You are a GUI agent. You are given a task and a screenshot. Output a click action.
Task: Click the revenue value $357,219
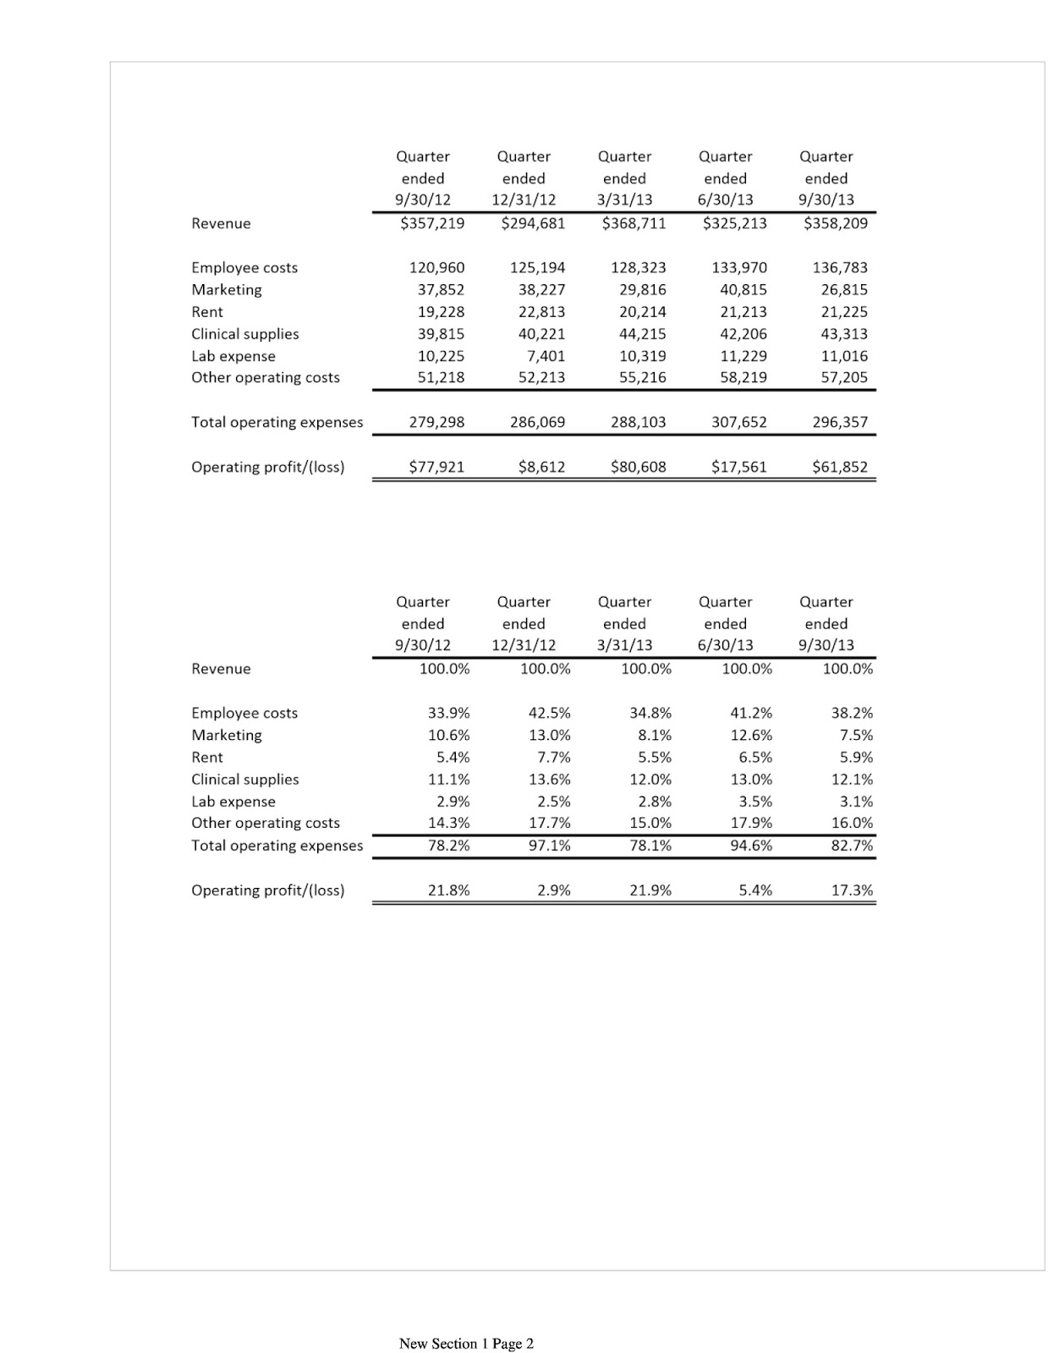(431, 223)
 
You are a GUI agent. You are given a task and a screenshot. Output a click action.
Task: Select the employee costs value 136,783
(839, 267)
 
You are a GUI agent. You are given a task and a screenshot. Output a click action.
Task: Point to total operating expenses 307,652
(738, 422)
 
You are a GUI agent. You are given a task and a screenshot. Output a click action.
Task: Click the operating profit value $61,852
(839, 467)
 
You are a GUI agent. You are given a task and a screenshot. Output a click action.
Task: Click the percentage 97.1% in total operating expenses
(549, 845)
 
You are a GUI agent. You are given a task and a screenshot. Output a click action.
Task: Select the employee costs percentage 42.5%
(549, 713)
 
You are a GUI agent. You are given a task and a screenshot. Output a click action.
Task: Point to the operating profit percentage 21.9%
(650, 890)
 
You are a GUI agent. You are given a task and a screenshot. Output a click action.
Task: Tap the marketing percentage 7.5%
(856, 735)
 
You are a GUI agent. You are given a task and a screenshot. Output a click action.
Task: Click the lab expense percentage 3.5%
(754, 801)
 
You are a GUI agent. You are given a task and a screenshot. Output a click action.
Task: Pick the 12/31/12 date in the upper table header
(524, 200)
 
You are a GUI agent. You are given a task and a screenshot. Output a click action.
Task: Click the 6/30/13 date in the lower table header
(725, 644)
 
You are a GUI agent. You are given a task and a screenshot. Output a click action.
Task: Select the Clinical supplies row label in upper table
(244, 334)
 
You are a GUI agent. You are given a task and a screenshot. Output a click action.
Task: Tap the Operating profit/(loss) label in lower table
(267, 890)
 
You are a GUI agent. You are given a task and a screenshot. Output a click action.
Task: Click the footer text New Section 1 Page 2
(466, 1343)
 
